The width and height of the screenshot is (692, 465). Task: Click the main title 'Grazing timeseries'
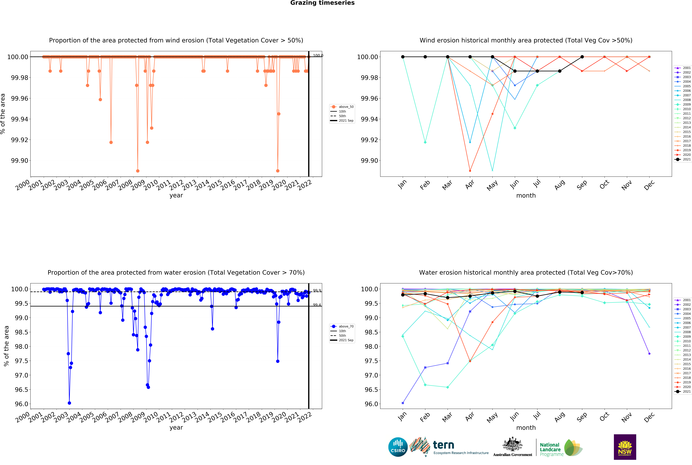(322, 3)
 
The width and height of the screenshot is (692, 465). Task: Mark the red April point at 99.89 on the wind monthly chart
(470, 171)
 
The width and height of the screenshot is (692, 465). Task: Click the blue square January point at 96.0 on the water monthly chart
(403, 403)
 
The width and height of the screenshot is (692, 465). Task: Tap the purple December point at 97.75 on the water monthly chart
(649, 353)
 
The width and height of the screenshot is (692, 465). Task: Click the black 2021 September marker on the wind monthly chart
(582, 57)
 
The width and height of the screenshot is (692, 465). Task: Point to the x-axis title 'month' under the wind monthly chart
(526, 196)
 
